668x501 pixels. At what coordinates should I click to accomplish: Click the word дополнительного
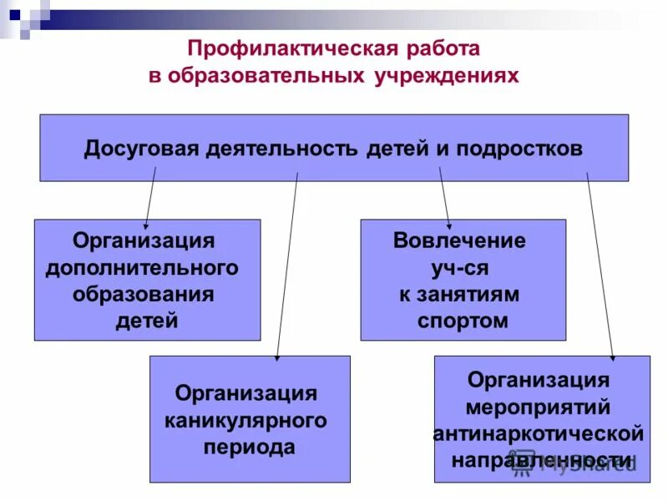pyautogui.click(x=142, y=267)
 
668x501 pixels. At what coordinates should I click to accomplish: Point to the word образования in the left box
pyautogui.click(x=144, y=294)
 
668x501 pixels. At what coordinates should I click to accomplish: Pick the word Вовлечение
pyautogui.click(x=460, y=241)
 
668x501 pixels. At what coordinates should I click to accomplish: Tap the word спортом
pyautogui.click(x=463, y=321)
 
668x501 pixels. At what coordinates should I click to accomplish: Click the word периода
pyautogui.click(x=250, y=447)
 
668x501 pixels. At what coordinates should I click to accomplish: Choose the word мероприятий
pyautogui.click(x=538, y=407)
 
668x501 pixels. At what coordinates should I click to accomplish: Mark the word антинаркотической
pyautogui.click(x=539, y=434)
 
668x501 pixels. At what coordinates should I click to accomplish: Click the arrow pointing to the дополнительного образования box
pyautogui.click(x=151, y=197)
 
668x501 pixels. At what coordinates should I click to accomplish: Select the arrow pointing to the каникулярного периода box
pyautogui.click(x=286, y=267)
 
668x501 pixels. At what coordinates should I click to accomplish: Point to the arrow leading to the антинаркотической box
pyautogui.click(x=600, y=267)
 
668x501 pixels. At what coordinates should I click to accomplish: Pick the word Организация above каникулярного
pyautogui.click(x=245, y=393)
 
